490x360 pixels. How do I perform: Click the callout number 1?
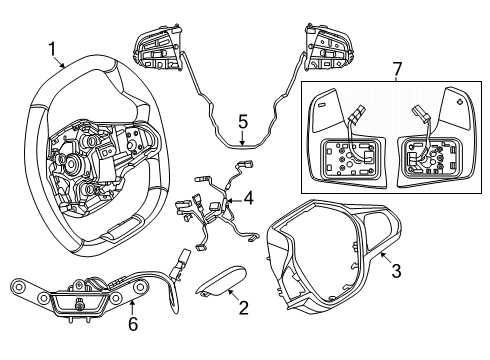[51, 47]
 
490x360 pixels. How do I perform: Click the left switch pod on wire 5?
[155, 49]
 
